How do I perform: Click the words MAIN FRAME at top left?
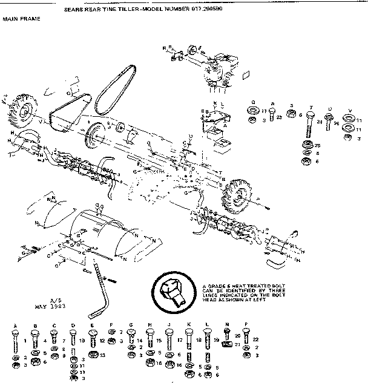click(22, 19)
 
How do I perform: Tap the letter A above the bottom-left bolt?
click(15, 327)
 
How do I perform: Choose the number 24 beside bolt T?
click(318, 121)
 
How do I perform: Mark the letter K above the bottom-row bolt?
click(188, 327)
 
